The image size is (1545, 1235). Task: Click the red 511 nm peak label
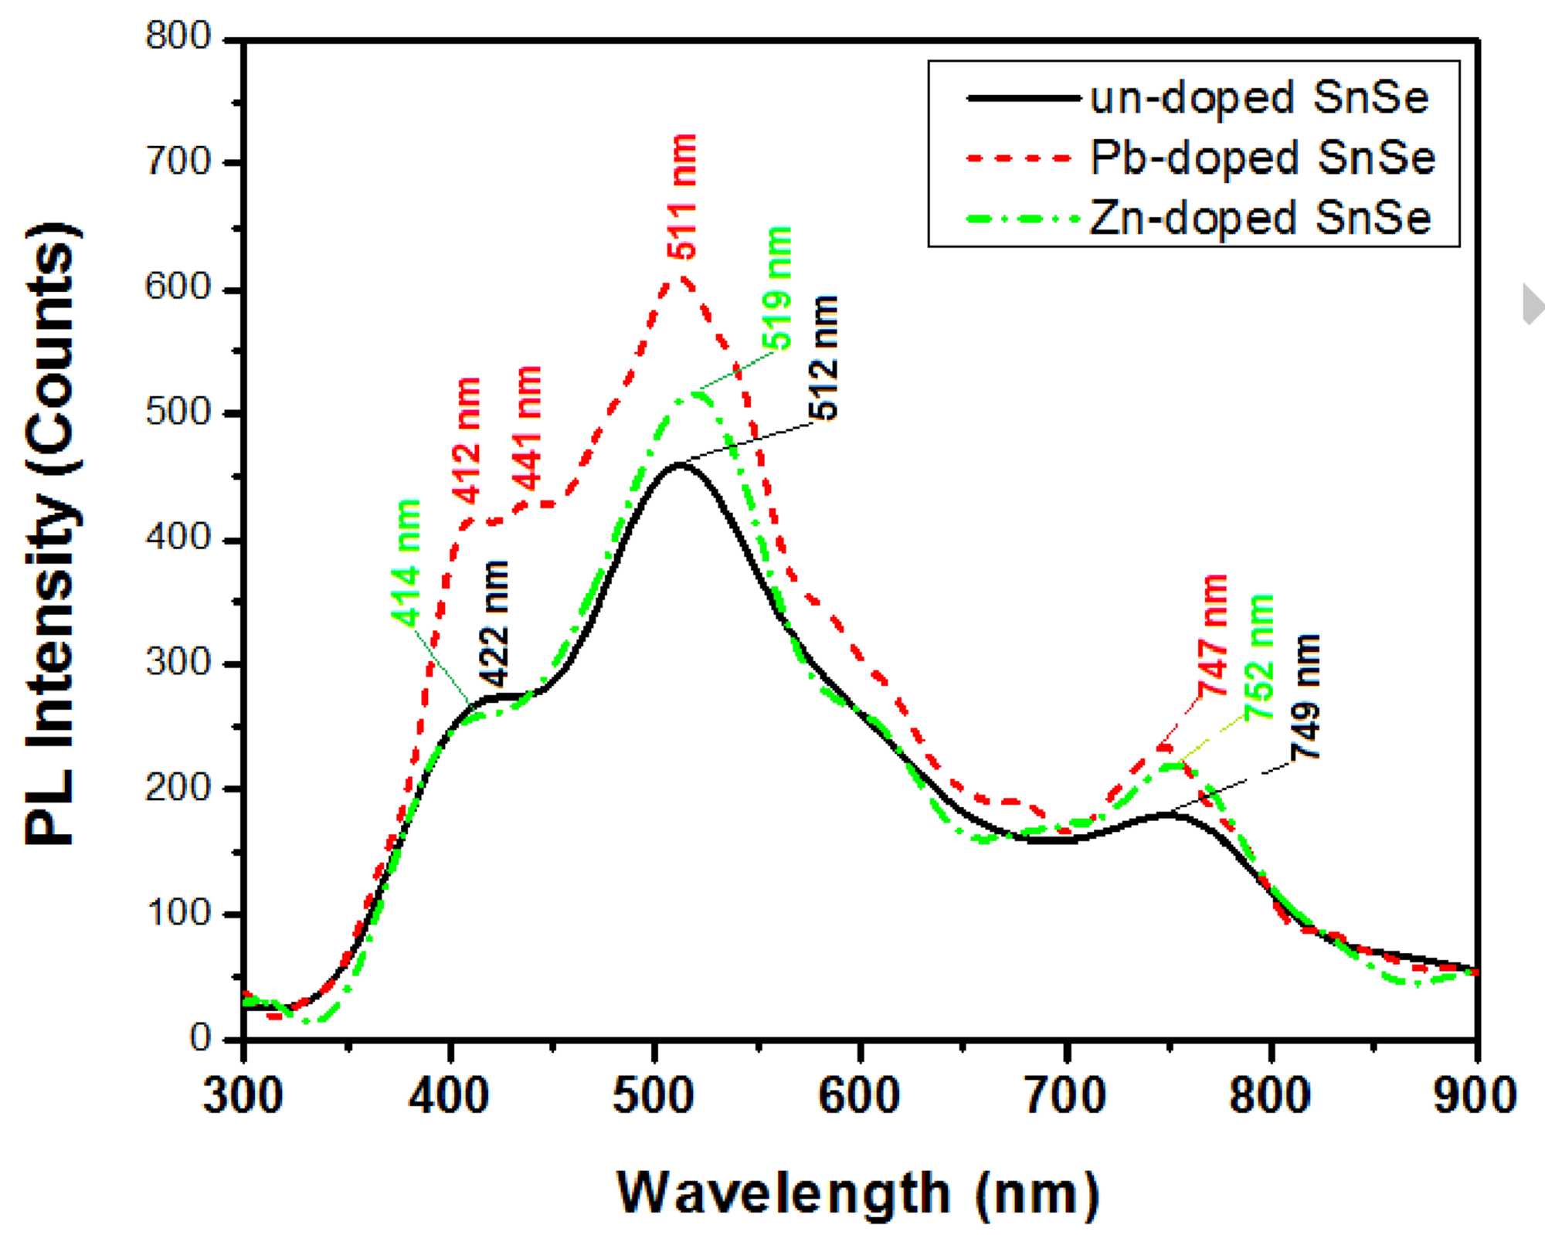(684, 196)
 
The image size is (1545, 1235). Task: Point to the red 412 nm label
(467, 440)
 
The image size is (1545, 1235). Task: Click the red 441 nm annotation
(528, 429)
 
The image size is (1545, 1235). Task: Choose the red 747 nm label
(1214, 635)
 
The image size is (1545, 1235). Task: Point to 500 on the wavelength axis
(654, 1095)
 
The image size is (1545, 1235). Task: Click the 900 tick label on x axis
(1475, 1095)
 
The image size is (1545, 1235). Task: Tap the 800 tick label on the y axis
(178, 37)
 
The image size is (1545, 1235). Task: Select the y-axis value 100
(178, 914)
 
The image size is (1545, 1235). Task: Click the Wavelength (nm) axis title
(857, 1193)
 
